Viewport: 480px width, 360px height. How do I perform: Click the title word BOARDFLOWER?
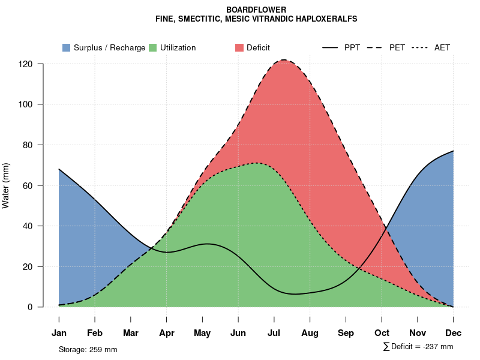[256, 10]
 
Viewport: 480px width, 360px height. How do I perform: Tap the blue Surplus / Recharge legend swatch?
[66, 48]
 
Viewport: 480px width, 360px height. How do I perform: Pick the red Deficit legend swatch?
[239, 48]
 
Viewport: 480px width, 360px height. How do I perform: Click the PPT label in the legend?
[352, 48]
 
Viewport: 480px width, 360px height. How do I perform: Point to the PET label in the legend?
[397, 48]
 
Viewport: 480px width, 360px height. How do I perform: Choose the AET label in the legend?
[442, 48]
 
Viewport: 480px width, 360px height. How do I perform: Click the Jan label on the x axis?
[59, 333]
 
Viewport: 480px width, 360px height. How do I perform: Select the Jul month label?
[274, 333]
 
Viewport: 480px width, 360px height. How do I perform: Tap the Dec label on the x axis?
[454, 333]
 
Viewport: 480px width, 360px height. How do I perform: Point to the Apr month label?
[167, 333]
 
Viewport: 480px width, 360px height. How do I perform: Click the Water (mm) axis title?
[6, 185]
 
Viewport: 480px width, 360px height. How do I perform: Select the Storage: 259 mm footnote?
[88, 349]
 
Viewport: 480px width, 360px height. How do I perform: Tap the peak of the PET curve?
[283, 60]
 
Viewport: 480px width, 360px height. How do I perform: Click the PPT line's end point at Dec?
[454, 151]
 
